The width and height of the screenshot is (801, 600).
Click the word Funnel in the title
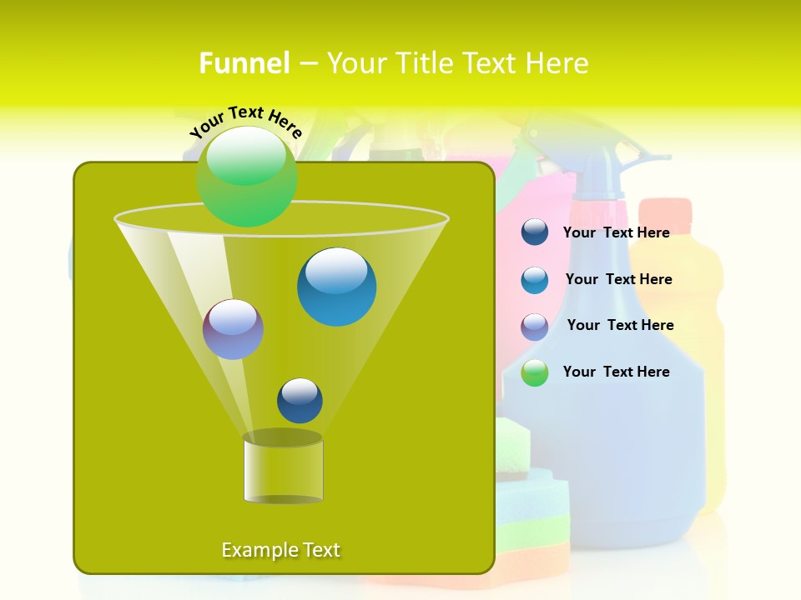click(244, 63)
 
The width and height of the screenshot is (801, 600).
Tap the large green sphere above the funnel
click(247, 176)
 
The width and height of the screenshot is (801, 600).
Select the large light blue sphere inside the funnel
click(336, 287)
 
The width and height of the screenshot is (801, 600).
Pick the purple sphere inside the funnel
click(233, 329)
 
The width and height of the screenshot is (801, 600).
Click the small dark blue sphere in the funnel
click(300, 400)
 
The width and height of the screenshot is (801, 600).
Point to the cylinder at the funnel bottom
click(283, 470)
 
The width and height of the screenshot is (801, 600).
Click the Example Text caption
click(280, 550)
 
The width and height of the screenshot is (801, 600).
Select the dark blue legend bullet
click(535, 232)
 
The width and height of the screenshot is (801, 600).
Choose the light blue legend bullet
click(535, 280)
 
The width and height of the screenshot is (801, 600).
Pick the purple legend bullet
click(535, 327)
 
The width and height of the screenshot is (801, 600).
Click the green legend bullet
click(535, 372)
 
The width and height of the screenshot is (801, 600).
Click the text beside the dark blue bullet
click(616, 232)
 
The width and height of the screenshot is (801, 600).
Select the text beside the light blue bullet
click(618, 279)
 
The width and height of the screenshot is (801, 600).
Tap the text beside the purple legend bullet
click(620, 325)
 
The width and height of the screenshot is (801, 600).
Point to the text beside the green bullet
click(616, 372)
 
